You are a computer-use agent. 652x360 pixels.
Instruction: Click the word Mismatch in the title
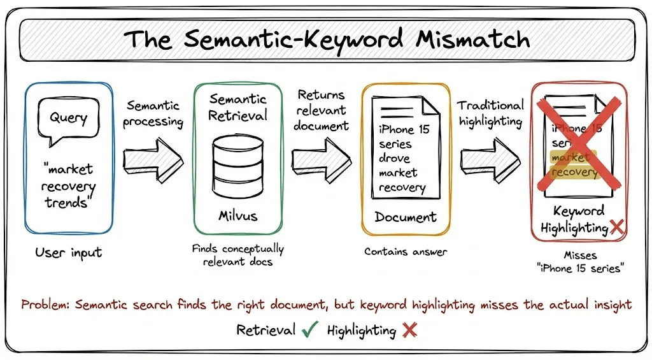pos(473,39)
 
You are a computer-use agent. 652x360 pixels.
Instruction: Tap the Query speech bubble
pos(68,119)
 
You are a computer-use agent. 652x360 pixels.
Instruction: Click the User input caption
pos(68,253)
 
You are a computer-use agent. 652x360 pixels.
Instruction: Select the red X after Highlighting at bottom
pos(409,330)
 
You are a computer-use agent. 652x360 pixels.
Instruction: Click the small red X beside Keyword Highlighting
pos(616,227)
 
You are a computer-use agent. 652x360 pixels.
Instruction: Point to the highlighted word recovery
pos(574,172)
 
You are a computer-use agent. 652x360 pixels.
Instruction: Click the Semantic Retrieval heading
pos(237,108)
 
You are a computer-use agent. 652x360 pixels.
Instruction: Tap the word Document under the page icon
pos(405,217)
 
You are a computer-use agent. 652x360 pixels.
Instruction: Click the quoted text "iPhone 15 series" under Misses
pos(580,268)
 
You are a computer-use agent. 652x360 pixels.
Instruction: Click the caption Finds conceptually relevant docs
pos(237,254)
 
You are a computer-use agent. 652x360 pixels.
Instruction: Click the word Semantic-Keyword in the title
pos(292,39)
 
